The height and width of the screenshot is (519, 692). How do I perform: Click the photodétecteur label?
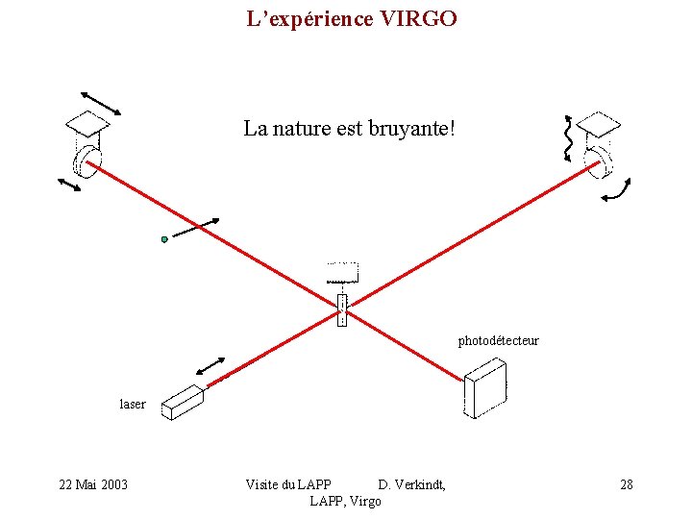[x=498, y=340]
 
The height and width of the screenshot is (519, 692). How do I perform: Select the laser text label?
[x=133, y=404]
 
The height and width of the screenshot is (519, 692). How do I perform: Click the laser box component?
[x=183, y=401]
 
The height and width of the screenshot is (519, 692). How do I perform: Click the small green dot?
[x=164, y=239]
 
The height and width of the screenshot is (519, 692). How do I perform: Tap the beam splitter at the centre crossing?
[x=341, y=309]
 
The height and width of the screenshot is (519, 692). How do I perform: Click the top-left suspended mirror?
[x=87, y=144]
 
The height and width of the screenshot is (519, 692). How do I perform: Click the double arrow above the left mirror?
[x=101, y=103]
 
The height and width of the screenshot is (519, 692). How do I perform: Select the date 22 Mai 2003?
[x=93, y=484]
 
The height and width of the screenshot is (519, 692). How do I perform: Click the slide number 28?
[x=627, y=484]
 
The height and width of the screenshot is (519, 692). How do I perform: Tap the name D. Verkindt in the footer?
[x=411, y=484]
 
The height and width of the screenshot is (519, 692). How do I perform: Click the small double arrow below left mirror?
[x=69, y=184]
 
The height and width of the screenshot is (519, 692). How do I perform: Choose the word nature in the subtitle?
[x=299, y=128]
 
